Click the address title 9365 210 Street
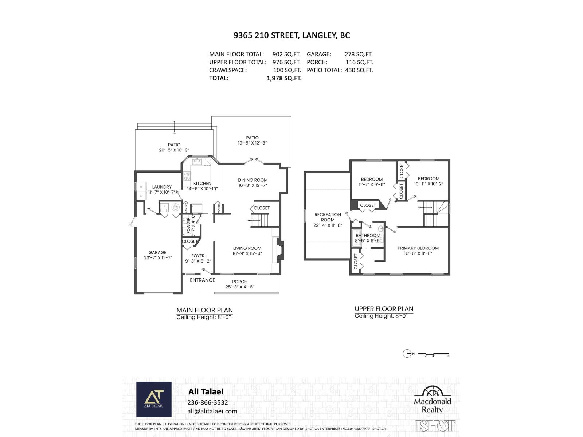click(x=291, y=35)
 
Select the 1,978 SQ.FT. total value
click(x=284, y=78)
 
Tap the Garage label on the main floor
click(x=157, y=252)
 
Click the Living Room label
click(x=247, y=248)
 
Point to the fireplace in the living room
click(x=279, y=250)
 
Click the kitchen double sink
click(x=197, y=161)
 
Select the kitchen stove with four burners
click(x=187, y=176)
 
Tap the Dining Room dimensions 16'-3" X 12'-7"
click(x=253, y=185)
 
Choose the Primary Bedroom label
click(x=418, y=248)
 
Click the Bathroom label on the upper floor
click(x=368, y=236)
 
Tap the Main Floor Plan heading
click(x=204, y=310)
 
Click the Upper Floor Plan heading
click(x=384, y=309)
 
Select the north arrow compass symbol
click(x=407, y=353)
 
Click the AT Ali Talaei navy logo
click(x=154, y=399)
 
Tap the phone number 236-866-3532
click(x=207, y=402)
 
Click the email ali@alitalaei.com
click(x=212, y=411)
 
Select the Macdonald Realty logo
click(x=433, y=400)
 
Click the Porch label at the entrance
click(x=239, y=282)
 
